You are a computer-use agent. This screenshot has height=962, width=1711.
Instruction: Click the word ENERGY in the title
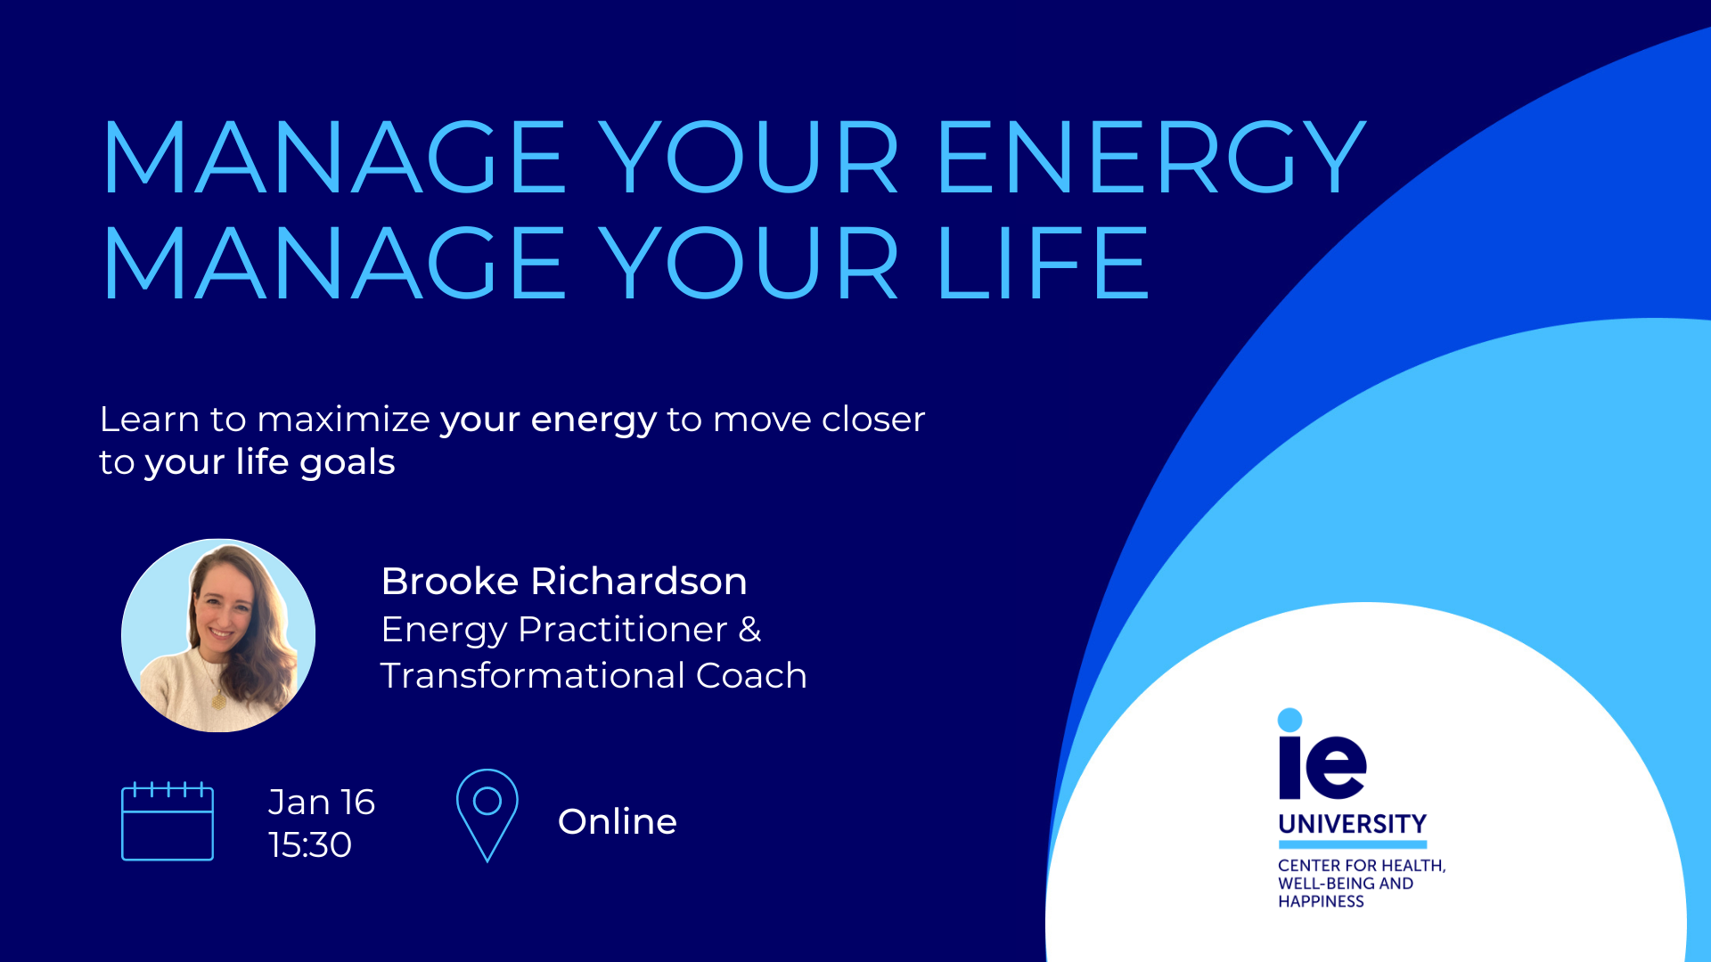(1151, 157)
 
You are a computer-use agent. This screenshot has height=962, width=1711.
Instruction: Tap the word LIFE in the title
(1044, 263)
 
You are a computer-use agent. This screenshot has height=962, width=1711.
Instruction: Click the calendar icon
(168, 821)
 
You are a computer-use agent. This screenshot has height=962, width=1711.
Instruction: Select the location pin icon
(487, 815)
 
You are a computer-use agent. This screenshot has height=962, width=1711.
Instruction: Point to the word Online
(618, 821)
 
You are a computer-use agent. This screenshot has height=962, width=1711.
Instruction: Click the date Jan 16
(322, 802)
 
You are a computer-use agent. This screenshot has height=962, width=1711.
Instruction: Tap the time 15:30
(310, 844)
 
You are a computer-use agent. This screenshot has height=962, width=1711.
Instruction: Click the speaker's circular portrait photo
(218, 635)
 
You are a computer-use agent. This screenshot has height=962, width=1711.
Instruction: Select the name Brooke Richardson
(564, 581)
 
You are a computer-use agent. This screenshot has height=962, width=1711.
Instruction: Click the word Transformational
(532, 675)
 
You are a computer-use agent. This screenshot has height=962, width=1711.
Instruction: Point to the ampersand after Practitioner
(750, 630)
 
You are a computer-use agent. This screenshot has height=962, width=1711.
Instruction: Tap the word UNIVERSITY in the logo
(1353, 824)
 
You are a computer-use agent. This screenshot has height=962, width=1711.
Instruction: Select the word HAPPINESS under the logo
(1321, 901)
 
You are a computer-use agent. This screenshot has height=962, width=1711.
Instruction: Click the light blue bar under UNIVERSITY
(1353, 844)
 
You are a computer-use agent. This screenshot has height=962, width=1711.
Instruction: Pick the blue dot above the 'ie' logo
(1289, 720)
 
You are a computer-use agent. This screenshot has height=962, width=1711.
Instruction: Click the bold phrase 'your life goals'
(270, 463)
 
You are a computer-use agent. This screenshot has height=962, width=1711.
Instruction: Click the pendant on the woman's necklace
(218, 701)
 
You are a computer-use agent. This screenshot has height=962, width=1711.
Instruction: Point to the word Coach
(751, 675)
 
